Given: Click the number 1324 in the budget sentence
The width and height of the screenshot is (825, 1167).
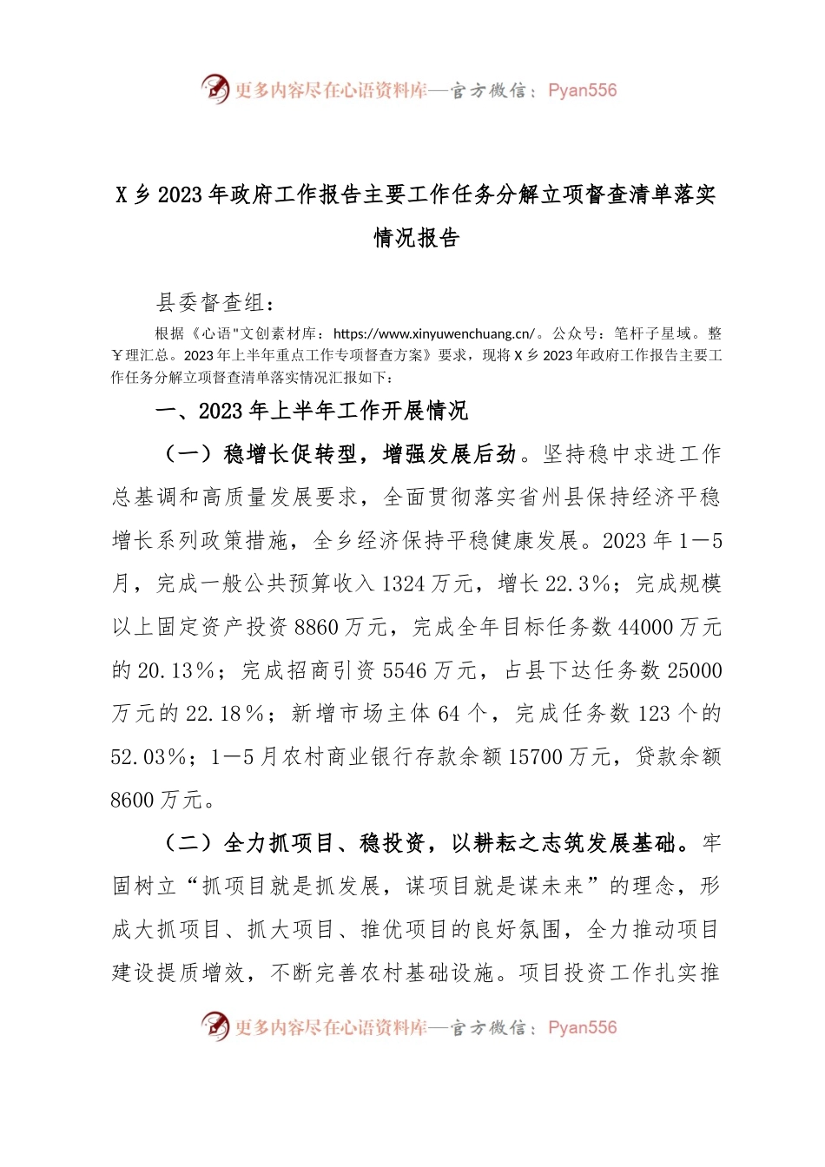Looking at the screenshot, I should point(404,584).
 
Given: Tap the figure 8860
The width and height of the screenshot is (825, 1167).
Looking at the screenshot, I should point(317,628).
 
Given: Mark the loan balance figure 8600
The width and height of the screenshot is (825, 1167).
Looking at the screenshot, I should point(133,801).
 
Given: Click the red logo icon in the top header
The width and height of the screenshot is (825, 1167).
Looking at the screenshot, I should point(214,89).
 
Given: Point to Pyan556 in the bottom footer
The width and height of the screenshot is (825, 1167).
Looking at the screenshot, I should point(582,1028).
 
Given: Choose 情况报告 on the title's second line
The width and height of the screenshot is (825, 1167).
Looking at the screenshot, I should point(416,238).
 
